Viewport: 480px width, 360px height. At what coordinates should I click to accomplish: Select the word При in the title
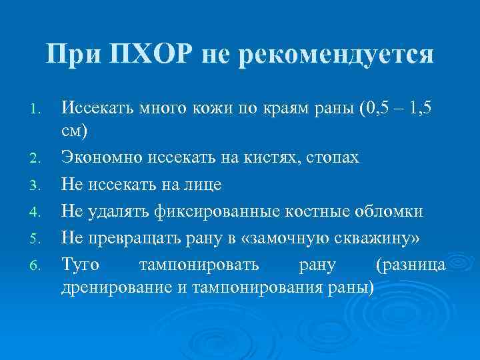coord(72,54)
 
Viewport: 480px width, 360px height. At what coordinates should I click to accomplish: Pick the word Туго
coord(81,265)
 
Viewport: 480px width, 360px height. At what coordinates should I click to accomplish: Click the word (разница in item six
coord(411,265)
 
